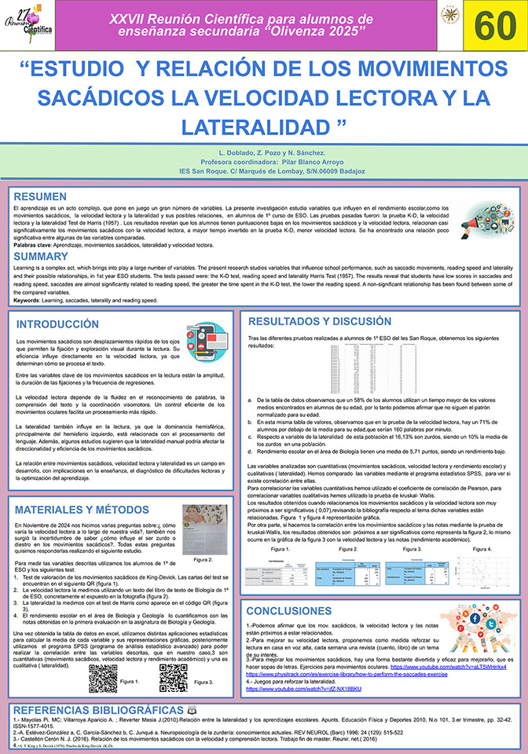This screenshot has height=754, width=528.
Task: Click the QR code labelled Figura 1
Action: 102,678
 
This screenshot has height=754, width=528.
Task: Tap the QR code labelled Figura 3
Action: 173,678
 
